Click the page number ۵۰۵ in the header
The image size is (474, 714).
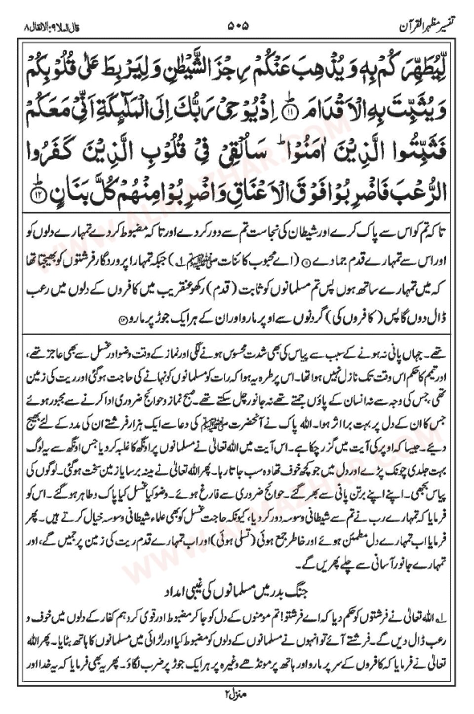237,23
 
